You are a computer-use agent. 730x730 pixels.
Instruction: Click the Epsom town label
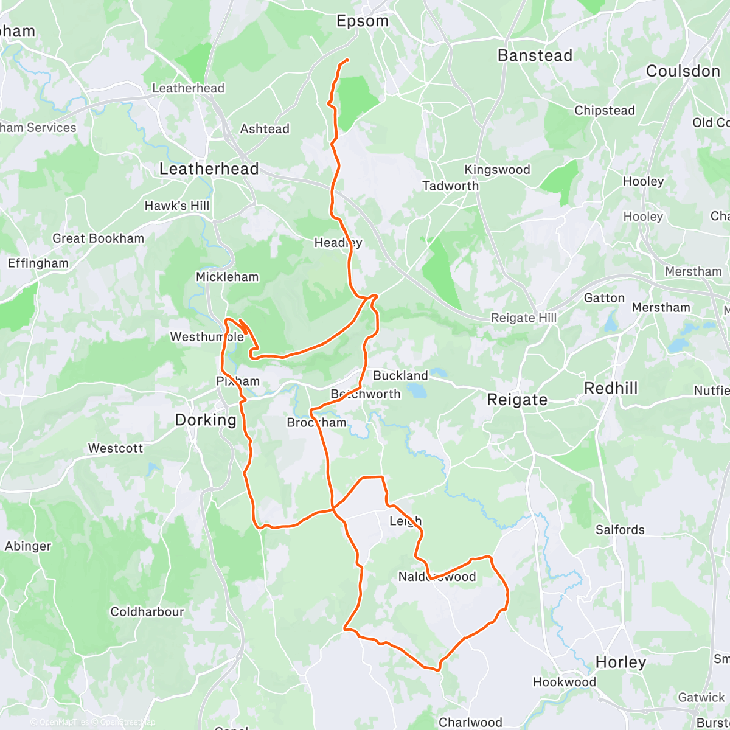(363, 21)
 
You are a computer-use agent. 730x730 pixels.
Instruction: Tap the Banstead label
(535, 56)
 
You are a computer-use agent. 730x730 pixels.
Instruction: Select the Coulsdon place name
(683, 71)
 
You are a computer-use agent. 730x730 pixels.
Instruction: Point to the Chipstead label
(604, 111)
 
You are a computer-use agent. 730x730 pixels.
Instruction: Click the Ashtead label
(265, 129)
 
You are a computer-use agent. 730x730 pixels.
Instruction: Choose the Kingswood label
(497, 170)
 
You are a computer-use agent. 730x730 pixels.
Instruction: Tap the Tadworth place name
(450, 186)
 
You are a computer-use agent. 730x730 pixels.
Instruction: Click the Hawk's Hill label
(176, 206)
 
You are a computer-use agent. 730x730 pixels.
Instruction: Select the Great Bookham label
(98, 238)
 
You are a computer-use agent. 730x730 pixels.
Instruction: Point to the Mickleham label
(227, 277)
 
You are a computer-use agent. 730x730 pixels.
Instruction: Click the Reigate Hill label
(523, 318)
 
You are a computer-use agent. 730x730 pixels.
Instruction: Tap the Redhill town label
(611, 389)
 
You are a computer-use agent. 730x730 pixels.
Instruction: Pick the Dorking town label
(206, 420)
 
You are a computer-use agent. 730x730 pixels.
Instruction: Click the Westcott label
(116, 448)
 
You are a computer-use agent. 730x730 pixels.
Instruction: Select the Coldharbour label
(147, 612)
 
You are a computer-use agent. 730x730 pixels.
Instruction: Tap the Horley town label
(620, 662)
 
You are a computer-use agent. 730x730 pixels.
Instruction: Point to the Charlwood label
(470, 722)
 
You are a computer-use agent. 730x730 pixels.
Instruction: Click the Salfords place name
(620, 530)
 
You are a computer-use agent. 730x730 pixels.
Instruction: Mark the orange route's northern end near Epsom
(347, 60)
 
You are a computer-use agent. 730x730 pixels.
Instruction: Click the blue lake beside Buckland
(417, 390)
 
